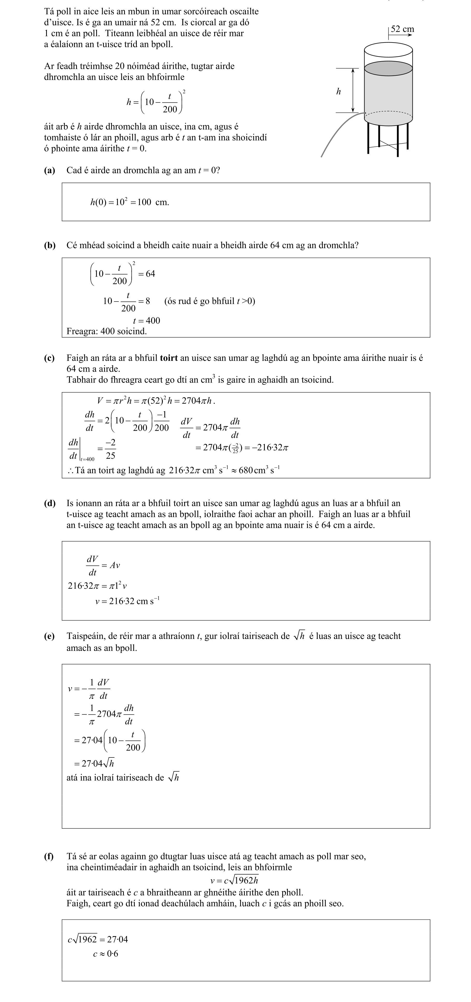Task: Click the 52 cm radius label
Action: click(402, 29)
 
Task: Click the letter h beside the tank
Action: click(338, 91)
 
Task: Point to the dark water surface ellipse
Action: click(388, 68)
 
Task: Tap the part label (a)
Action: click(49, 170)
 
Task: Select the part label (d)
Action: click(49, 503)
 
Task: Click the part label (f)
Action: click(49, 856)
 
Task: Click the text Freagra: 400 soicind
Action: click(106, 331)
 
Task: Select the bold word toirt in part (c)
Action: click(169, 358)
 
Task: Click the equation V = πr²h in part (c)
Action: click(155, 401)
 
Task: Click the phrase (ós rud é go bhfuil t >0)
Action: click(209, 301)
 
